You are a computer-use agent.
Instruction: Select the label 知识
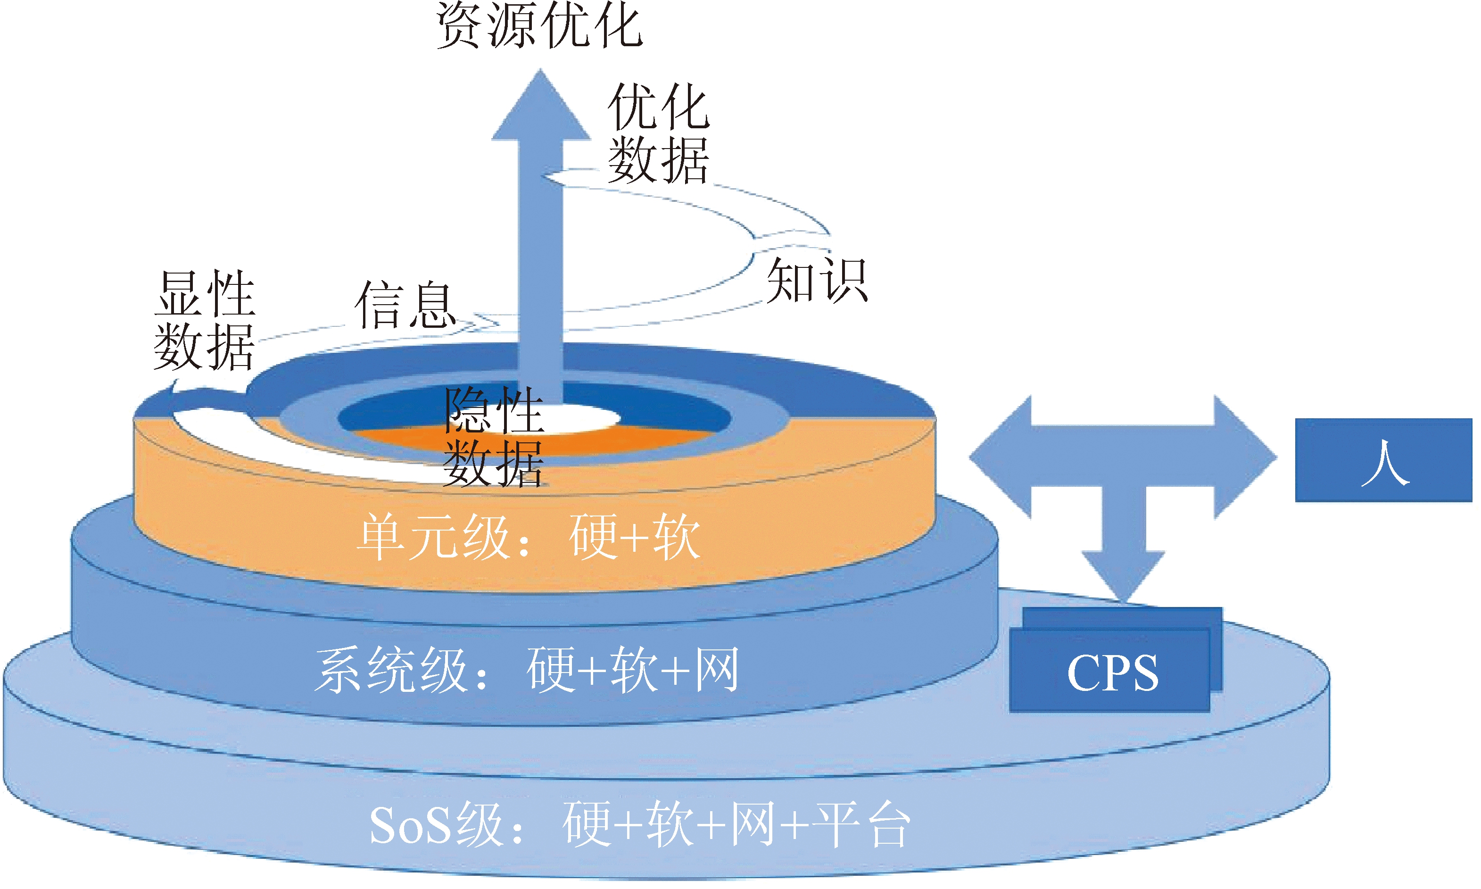click(816, 280)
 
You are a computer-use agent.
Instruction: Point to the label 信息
click(405, 306)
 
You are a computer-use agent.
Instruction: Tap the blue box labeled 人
click(1383, 460)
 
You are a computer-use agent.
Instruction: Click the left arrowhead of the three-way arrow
click(997, 457)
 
